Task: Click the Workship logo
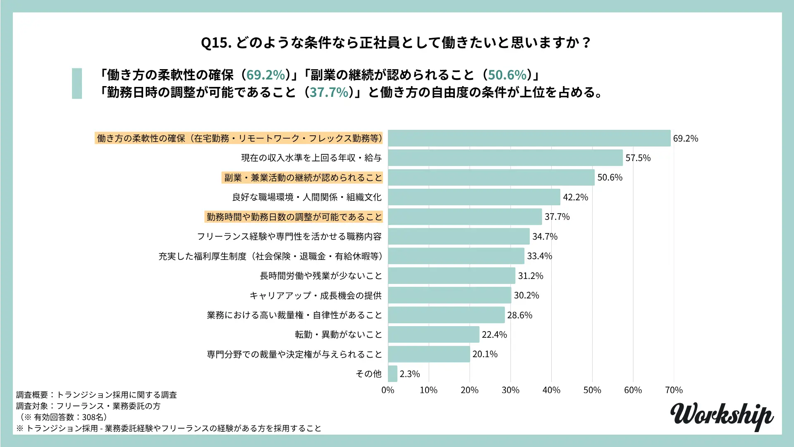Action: pyautogui.click(x=722, y=416)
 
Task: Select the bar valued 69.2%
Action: pyautogui.click(x=529, y=138)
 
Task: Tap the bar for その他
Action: pyautogui.click(x=392, y=374)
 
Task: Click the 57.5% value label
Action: pyautogui.click(x=638, y=158)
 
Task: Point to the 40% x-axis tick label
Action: pyautogui.click(x=551, y=390)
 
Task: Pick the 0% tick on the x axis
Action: pyautogui.click(x=387, y=390)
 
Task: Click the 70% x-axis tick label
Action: pyautogui.click(x=674, y=390)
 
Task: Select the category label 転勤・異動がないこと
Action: pyautogui.click(x=338, y=335)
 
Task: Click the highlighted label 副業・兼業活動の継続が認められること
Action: pyautogui.click(x=303, y=178)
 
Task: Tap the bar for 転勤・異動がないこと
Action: pyautogui.click(x=433, y=334)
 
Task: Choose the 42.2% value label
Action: pyautogui.click(x=575, y=197)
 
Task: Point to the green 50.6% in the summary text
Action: pyautogui.click(x=507, y=75)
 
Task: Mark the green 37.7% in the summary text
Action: pyautogui.click(x=329, y=92)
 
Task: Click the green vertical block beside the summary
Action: pyautogui.click(x=77, y=83)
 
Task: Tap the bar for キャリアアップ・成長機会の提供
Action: pyautogui.click(x=450, y=296)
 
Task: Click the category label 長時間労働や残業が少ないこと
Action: pyautogui.click(x=321, y=276)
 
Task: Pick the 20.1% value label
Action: pyautogui.click(x=485, y=354)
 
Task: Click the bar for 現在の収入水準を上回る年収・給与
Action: pyautogui.click(x=505, y=158)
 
